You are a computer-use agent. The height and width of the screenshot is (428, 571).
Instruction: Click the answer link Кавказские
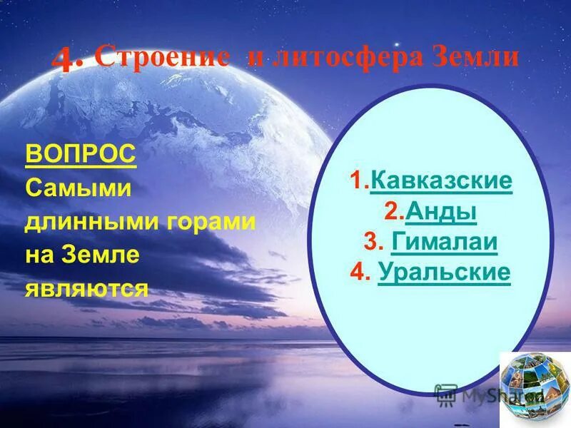point(441,181)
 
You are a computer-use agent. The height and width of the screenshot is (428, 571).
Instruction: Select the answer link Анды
point(440,212)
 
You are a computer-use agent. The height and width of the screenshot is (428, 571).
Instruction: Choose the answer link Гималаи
point(444,243)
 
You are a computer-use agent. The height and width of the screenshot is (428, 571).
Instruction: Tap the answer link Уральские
point(444,273)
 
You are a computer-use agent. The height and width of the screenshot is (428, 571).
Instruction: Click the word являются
point(87,289)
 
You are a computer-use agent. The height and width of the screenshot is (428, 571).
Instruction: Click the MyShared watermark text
point(492,394)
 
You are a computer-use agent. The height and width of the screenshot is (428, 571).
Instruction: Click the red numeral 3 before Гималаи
point(370,243)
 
